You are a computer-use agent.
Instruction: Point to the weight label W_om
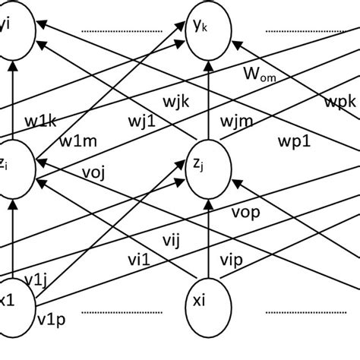click(260, 74)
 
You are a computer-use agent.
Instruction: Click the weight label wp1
click(292, 141)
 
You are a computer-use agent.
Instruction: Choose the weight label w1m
click(79, 141)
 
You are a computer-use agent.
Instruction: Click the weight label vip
click(232, 259)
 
